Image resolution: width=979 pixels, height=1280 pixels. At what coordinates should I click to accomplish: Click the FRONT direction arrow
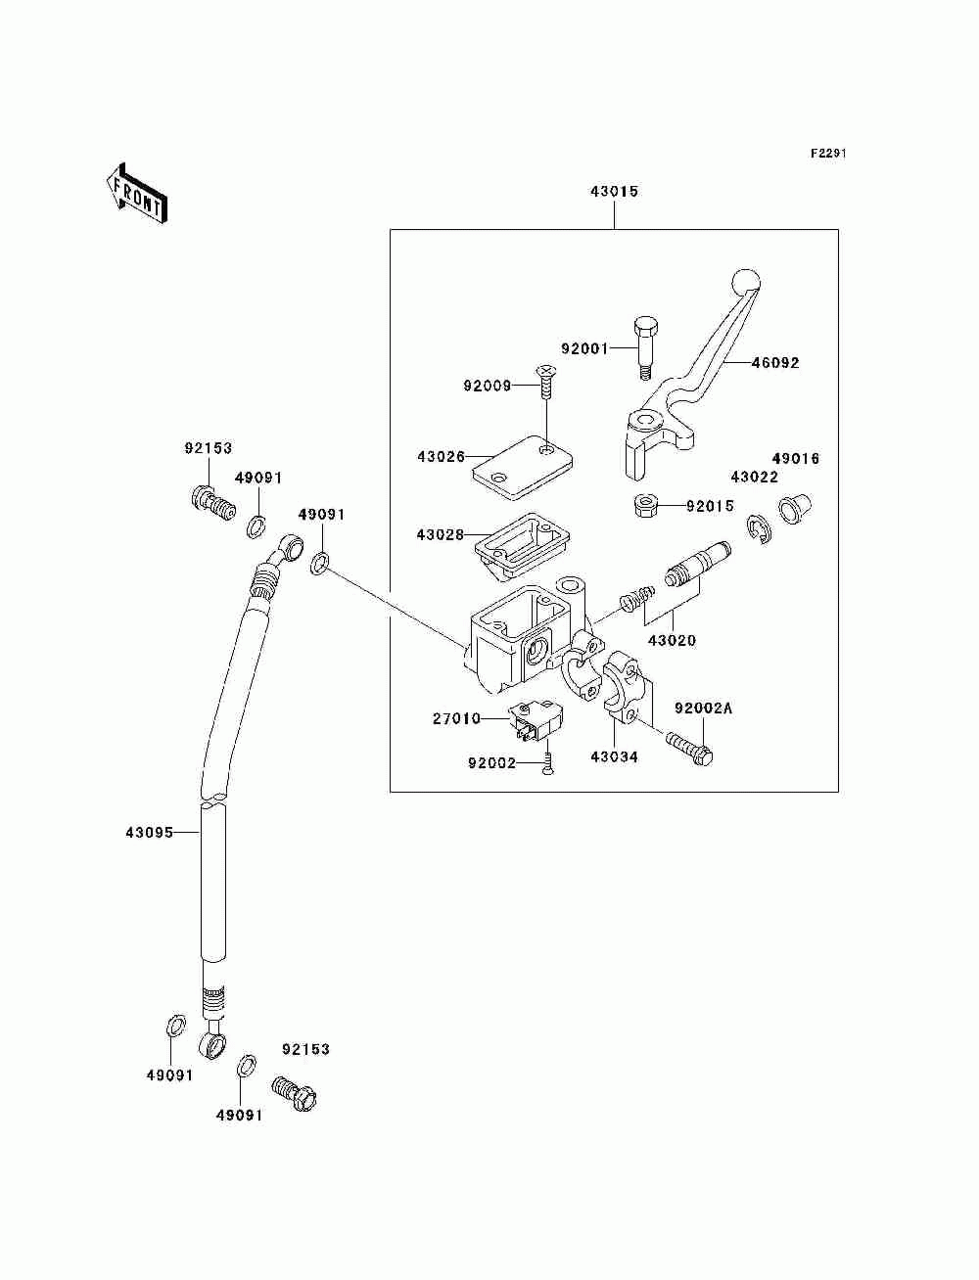coord(137,193)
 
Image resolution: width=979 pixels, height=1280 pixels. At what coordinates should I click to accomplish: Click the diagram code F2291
coord(828,154)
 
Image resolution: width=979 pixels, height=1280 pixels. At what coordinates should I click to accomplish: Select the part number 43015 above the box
coord(614,191)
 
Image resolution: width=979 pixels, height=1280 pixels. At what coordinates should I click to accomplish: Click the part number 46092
coord(774,363)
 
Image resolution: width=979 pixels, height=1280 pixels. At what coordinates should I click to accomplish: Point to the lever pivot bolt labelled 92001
coord(645,348)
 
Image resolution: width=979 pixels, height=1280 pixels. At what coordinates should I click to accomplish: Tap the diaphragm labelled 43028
coord(522,545)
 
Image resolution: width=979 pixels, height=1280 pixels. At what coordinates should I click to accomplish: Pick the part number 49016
coord(796,458)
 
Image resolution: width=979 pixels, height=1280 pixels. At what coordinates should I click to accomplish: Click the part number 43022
coord(755,477)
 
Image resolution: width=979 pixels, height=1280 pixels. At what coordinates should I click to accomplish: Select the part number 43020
coord(673,640)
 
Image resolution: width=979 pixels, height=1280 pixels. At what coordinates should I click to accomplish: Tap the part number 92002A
coord(704,709)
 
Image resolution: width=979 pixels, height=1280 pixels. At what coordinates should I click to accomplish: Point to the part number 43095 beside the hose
coord(150,833)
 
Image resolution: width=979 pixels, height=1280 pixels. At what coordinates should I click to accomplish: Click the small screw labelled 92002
coord(547,763)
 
